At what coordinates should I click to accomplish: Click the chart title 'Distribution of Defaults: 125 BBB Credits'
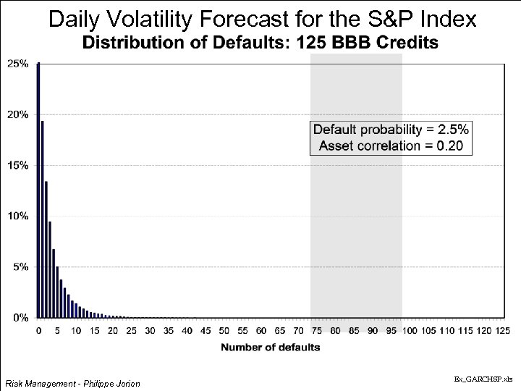[260, 43]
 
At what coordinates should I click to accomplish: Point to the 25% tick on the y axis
[18, 64]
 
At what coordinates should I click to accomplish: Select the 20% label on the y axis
[18, 114]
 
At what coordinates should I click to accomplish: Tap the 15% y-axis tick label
[18, 165]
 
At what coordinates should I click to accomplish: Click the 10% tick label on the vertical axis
[18, 216]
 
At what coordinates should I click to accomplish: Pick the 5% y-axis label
[20, 266]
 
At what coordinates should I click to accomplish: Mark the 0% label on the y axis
[20, 317]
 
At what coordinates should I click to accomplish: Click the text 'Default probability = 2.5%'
[391, 130]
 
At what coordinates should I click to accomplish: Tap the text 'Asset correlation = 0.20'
[391, 146]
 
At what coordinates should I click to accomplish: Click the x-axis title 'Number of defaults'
[270, 347]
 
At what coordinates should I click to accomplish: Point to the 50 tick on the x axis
[224, 331]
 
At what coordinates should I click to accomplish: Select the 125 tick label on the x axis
[501, 331]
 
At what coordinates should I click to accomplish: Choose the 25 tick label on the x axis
[132, 331]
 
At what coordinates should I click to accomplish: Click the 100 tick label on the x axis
[409, 331]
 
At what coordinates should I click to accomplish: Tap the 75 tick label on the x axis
[316, 331]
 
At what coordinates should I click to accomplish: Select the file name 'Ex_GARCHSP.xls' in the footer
[483, 379]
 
